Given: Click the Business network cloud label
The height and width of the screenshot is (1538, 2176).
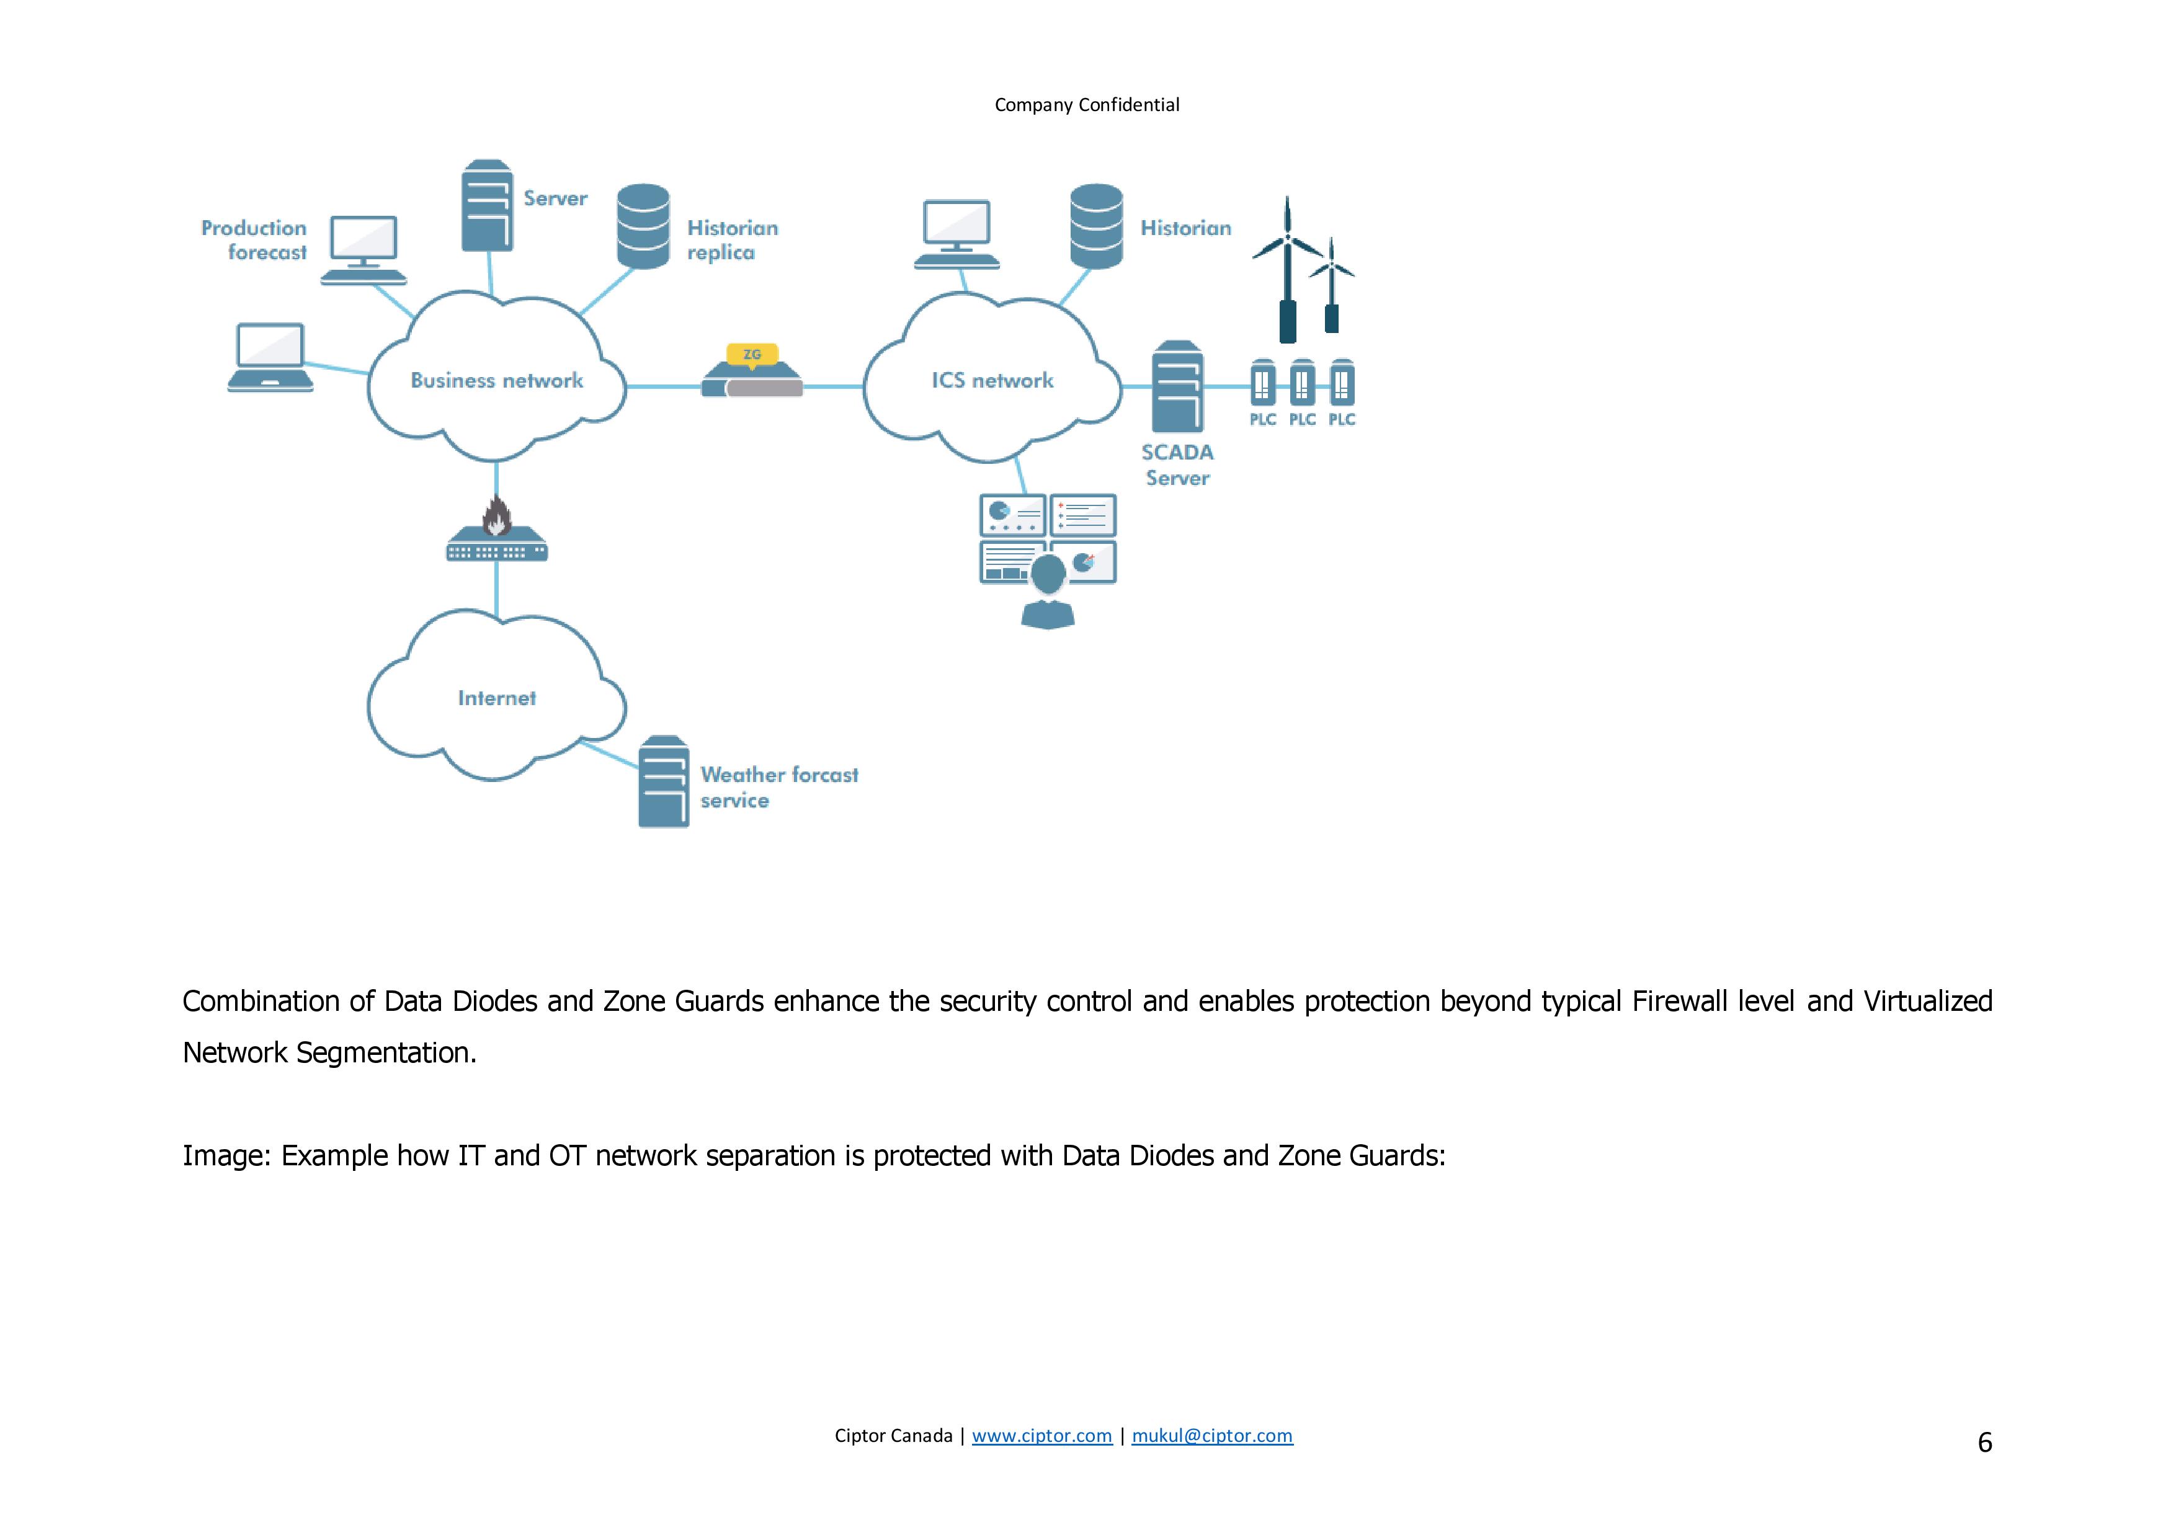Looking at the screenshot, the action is click(x=497, y=380).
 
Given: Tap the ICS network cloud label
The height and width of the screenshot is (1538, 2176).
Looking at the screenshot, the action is click(x=992, y=380).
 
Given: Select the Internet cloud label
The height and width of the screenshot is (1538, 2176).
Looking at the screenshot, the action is click(x=497, y=698).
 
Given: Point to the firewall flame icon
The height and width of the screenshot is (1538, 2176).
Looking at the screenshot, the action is click(x=497, y=517).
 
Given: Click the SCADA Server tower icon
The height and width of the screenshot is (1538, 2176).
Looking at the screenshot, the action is click(x=1177, y=386).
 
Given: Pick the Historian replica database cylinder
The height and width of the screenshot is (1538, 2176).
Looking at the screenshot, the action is click(x=643, y=226).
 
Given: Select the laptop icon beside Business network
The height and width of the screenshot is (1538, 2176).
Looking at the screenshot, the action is click(x=270, y=357).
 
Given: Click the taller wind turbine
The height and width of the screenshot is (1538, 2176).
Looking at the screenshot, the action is click(x=1287, y=270).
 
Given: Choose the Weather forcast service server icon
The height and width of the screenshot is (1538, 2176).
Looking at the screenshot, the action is click(x=664, y=782).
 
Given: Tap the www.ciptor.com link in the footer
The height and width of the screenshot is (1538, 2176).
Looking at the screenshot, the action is click(x=1041, y=1436).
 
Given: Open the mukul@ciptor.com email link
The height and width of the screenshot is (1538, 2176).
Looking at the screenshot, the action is click(x=1212, y=1436).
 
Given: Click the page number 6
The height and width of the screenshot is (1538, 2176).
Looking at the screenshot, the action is click(x=1984, y=1442).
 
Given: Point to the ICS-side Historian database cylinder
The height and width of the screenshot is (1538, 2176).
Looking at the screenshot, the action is click(x=1097, y=226).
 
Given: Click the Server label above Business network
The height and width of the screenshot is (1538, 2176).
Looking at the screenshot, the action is click(x=555, y=198).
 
